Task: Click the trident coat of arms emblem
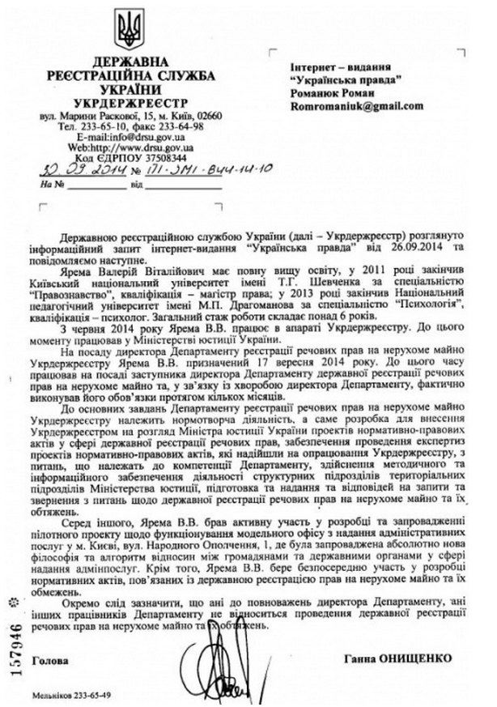pyautogui.click(x=125, y=28)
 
